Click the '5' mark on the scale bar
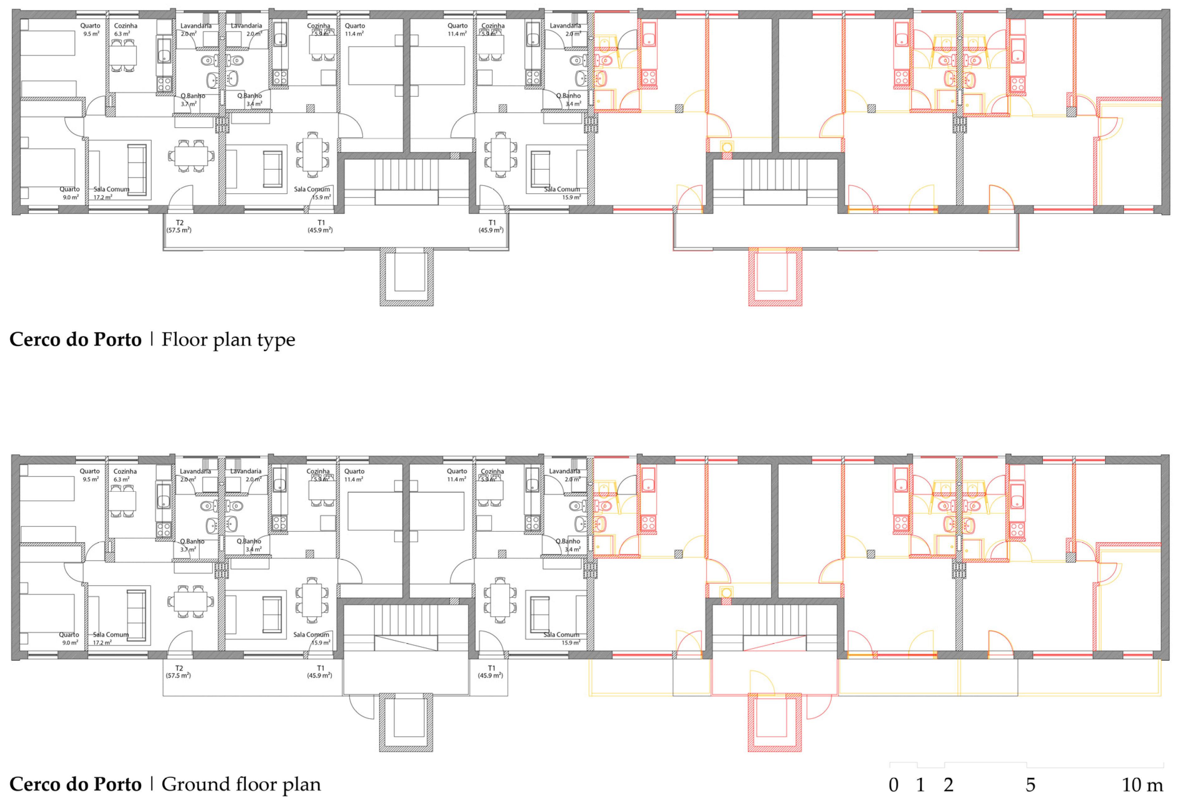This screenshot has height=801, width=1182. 1030,785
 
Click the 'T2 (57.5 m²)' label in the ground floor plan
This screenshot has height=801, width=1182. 179,672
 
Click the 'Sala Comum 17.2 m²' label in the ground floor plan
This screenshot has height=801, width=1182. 110,638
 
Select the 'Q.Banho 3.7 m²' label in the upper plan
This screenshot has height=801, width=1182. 192,100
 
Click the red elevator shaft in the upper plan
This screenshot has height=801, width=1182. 775,277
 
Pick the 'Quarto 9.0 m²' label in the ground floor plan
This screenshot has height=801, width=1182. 69,638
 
